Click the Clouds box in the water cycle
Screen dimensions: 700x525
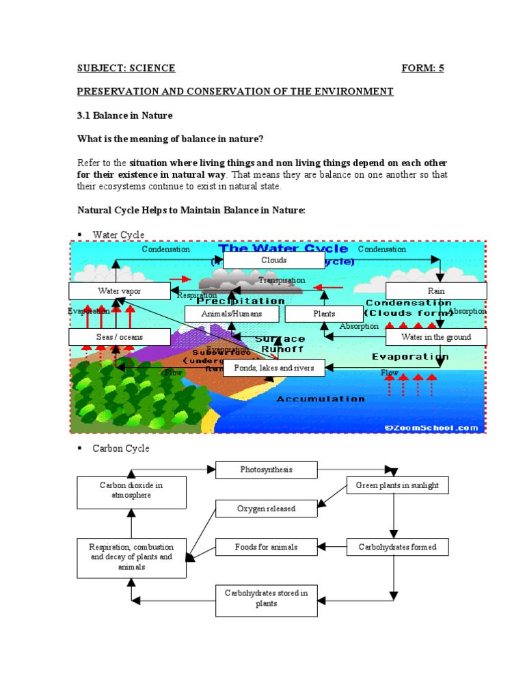tap(273, 260)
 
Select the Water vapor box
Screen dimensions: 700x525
tap(119, 291)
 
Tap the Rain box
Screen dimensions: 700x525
tap(436, 291)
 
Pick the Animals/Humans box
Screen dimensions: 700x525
tap(232, 314)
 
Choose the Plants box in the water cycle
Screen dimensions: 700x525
tap(324, 314)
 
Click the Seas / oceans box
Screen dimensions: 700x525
tap(119, 337)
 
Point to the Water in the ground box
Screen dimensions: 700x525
tap(436, 337)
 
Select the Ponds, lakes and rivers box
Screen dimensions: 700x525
tap(273, 368)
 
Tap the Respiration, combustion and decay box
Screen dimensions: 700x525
tap(131, 556)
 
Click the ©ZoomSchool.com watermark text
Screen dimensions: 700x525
tap(431, 427)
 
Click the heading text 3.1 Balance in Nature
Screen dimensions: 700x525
tap(124, 116)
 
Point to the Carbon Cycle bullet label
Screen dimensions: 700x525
tap(121, 448)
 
